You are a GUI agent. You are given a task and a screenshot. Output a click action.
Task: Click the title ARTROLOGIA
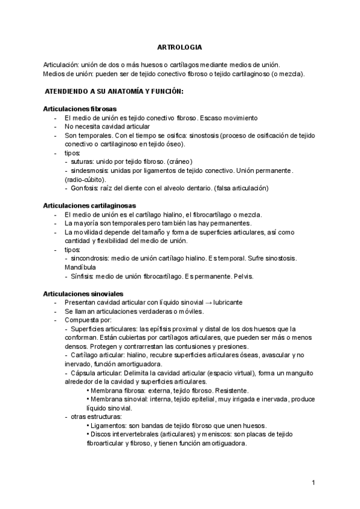[179, 47]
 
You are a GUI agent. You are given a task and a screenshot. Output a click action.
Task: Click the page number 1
[313, 483]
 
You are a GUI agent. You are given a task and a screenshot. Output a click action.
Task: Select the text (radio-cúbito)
[85, 179]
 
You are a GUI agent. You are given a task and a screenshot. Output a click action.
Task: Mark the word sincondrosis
[91, 258]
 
